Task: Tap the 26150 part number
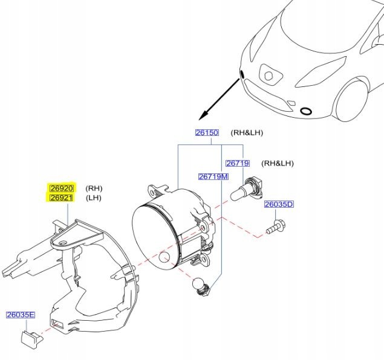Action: click(206, 133)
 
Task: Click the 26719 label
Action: click(238, 163)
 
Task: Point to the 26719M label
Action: click(213, 177)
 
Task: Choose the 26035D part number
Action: click(278, 205)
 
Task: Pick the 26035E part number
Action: click(21, 315)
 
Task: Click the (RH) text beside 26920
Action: click(94, 188)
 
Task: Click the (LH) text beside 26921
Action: click(94, 198)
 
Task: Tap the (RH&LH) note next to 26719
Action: click(277, 163)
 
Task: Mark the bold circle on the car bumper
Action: click(307, 111)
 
